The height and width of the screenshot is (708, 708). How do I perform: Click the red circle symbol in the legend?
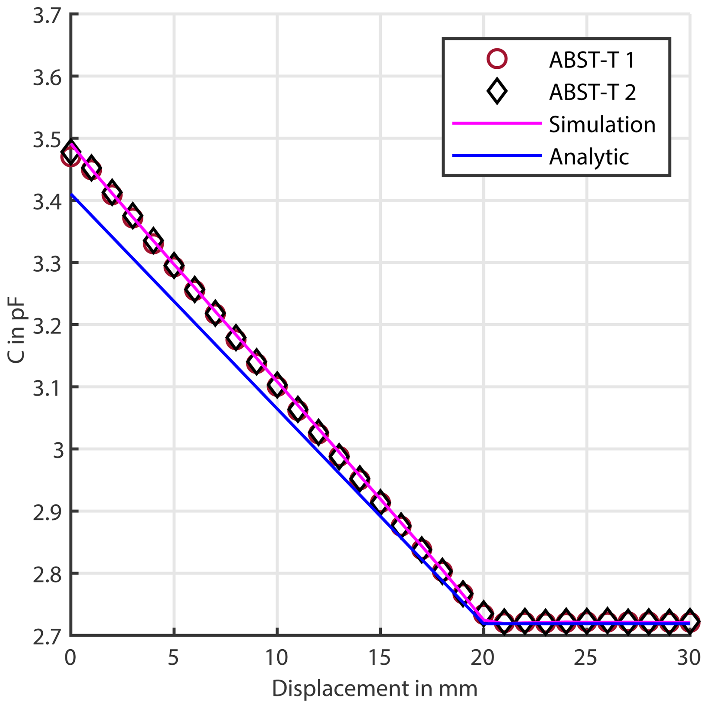click(497, 59)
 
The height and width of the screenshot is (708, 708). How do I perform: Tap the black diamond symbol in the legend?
click(497, 91)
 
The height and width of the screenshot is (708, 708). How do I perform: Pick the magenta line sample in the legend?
click(497, 123)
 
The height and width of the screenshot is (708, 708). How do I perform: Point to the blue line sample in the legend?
click(497, 155)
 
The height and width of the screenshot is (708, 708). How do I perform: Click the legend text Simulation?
click(602, 124)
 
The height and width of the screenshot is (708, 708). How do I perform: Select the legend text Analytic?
click(589, 156)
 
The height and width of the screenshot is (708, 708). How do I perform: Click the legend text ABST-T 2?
click(592, 92)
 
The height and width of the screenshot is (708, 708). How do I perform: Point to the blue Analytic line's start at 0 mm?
click(71, 194)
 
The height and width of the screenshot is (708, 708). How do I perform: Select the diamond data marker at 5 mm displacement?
click(174, 265)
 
